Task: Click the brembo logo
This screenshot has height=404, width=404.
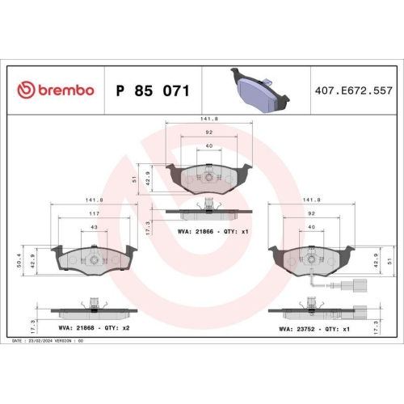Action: tap(55, 90)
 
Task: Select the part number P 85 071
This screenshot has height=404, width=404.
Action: tap(153, 90)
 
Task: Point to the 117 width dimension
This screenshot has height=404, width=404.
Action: tap(95, 213)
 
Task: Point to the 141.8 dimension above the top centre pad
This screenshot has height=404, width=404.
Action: tap(208, 120)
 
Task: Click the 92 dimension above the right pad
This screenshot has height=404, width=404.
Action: tap(310, 213)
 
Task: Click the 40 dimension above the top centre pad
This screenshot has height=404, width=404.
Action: tap(208, 145)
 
